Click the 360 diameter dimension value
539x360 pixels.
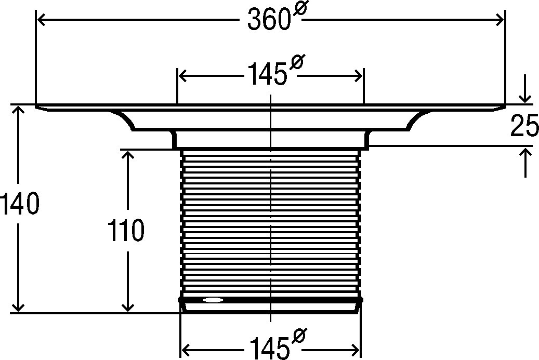[267, 20]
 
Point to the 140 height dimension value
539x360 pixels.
[19, 204]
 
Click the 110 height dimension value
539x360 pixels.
[126, 230]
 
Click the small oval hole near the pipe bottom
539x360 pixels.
[213, 300]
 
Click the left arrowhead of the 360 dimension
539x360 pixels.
[41, 20]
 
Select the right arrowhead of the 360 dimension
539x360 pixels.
[499, 20]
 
